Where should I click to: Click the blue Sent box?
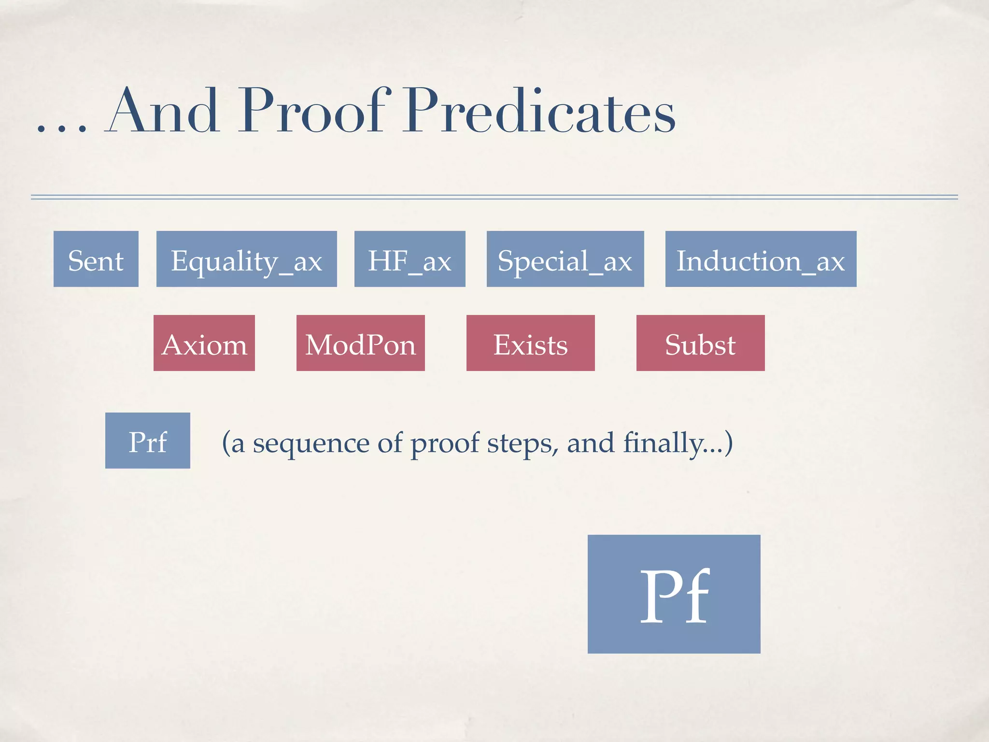click(96, 259)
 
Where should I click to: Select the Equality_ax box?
click(246, 259)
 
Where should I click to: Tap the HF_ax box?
click(410, 259)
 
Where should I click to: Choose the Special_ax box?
click(565, 259)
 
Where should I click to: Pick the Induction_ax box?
click(761, 259)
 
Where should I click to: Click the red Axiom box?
click(204, 343)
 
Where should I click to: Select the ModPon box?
click(360, 343)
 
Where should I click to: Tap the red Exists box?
click(530, 343)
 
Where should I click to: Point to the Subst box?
click(700, 343)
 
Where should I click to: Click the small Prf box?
click(147, 441)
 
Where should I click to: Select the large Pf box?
click(674, 594)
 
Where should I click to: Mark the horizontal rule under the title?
click(494, 197)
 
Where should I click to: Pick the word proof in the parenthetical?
click(444, 443)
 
